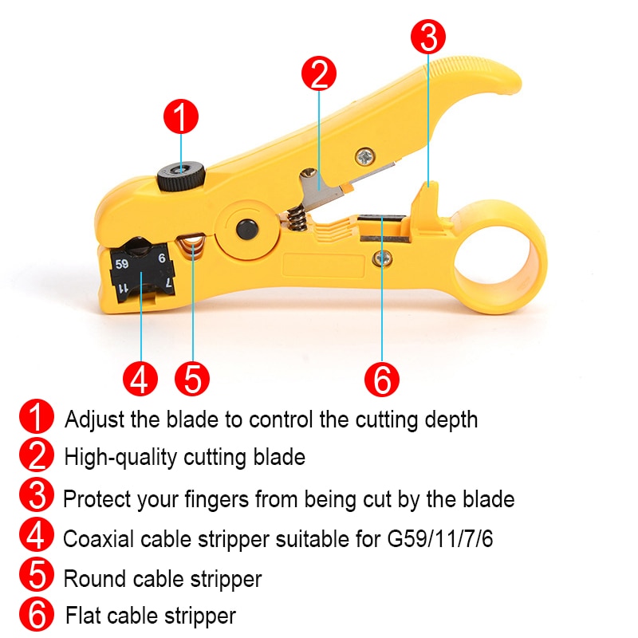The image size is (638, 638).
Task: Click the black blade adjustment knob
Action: (x=181, y=177)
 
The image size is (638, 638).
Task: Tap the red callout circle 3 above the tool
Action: (x=428, y=37)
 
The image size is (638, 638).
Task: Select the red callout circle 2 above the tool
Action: (x=319, y=73)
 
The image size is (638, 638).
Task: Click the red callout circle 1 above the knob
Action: (x=181, y=116)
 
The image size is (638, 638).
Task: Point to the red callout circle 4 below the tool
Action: (x=140, y=379)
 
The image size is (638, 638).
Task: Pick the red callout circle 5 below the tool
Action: (x=192, y=379)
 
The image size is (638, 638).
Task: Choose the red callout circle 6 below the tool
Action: (x=382, y=379)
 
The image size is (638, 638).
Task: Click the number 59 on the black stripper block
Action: (x=122, y=264)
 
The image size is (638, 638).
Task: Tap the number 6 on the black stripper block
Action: (x=162, y=258)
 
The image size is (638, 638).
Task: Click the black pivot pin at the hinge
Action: (x=247, y=230)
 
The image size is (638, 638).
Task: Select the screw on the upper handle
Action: (x=365, y=156)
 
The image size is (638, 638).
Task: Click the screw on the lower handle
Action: (x=383, y=258)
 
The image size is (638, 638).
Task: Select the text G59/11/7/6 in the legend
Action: (x=440, y=539)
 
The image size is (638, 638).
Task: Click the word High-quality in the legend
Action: (x=120, y=457)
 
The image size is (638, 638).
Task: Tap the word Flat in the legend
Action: (x=83, y=615)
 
